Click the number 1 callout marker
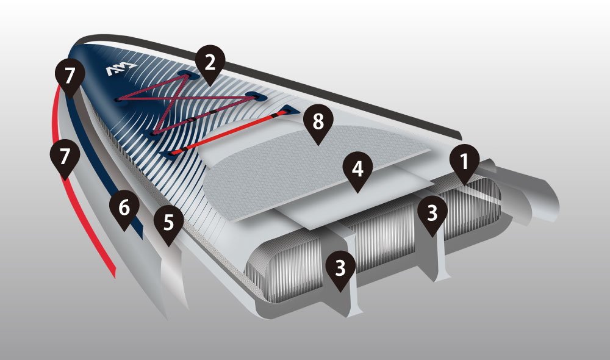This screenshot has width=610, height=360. [x=464, y=163]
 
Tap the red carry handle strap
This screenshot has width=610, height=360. [x=229, y=132]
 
